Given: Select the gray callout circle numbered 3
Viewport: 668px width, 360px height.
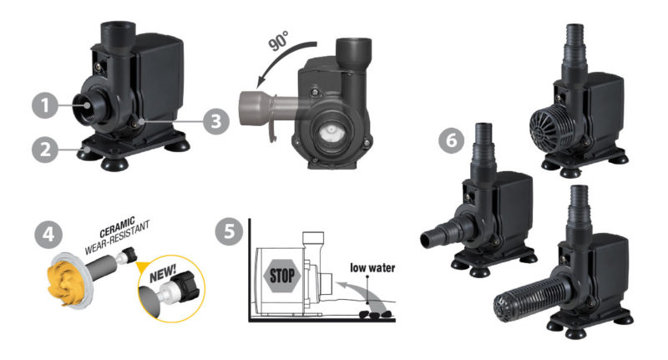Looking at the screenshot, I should point(215,120).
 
